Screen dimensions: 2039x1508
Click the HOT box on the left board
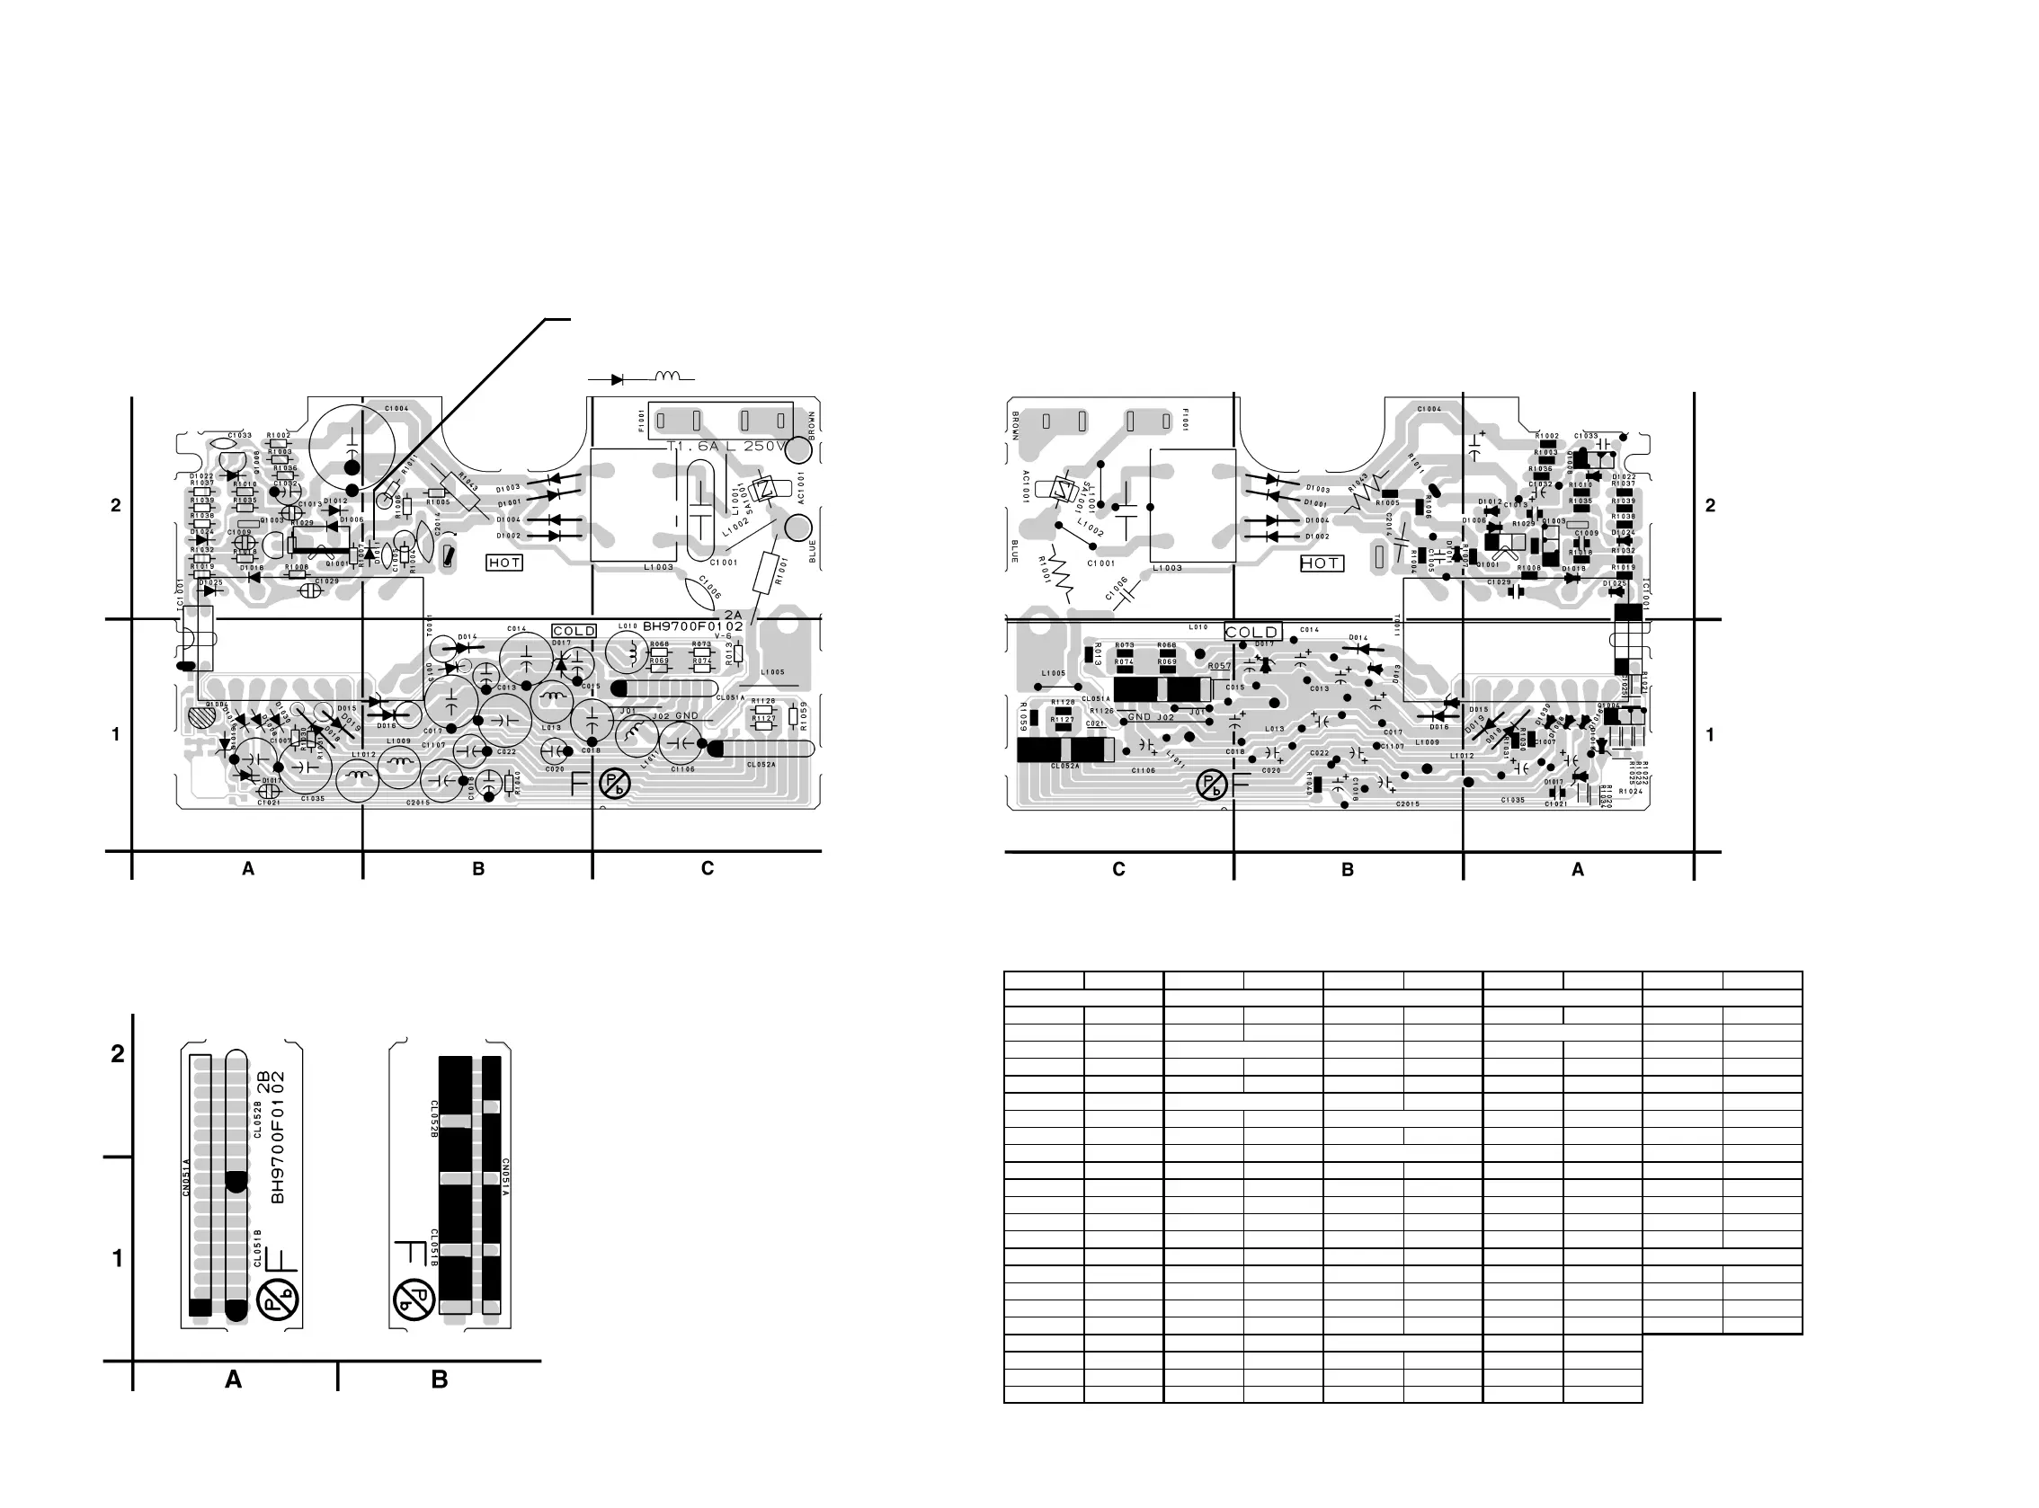click(504, 563)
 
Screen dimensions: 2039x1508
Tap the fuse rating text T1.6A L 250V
click(726, 447)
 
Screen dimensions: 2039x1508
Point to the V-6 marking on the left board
click(723, 636)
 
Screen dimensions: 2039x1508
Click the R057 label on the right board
click(1219, 666)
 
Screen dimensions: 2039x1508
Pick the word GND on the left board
click(687, 716)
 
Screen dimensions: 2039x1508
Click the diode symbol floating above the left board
click(617, 379)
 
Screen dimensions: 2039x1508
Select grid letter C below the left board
click(707, 869)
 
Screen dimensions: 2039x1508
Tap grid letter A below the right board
click(1577, 870)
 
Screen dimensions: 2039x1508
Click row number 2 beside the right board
click(1710, 506)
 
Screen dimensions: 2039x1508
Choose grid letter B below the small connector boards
click(440, 1380)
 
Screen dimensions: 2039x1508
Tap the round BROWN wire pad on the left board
click(798, 451)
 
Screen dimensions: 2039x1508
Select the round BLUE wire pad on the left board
click(798, 528)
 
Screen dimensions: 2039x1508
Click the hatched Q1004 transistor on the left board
click(198, 718)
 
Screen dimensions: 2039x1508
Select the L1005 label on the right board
click(1053, 674)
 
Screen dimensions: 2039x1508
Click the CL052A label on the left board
click(761, 765)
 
